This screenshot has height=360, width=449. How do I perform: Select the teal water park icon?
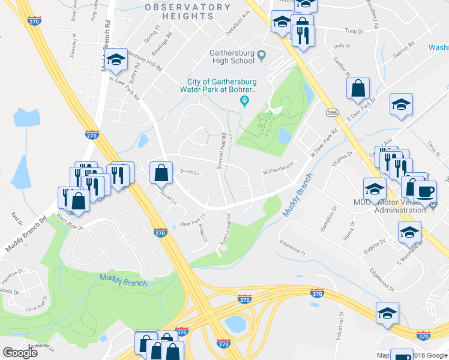coord(244,100)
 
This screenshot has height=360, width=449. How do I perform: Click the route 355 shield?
coord(332,112)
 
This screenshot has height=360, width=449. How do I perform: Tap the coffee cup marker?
coord(426,192)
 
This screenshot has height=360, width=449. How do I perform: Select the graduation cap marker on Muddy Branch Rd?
coord(116,59)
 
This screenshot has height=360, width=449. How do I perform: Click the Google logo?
coord(20,352)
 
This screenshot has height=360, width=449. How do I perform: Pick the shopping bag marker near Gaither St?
coord(358,88)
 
